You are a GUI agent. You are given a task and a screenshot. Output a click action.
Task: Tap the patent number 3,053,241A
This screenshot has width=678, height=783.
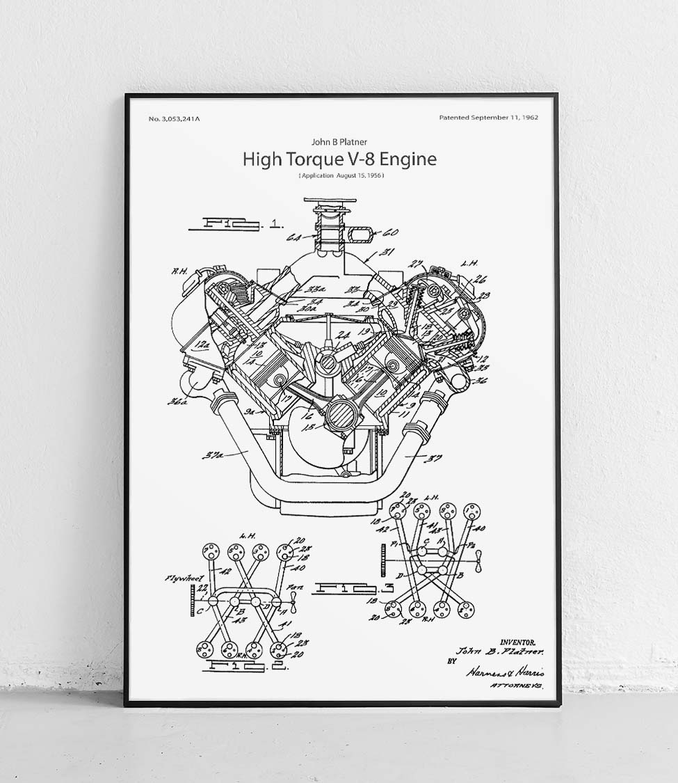tap(179, 119)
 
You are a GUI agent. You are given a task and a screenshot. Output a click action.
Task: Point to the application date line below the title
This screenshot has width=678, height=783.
tap(341, 176)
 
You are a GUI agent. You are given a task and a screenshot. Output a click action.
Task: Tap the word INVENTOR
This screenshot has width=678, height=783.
tap(522, 642)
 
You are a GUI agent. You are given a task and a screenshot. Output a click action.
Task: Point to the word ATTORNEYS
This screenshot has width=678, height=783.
tap(515, 686)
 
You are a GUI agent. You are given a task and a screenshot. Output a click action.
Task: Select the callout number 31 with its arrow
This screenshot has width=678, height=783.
tap(388, 253)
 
